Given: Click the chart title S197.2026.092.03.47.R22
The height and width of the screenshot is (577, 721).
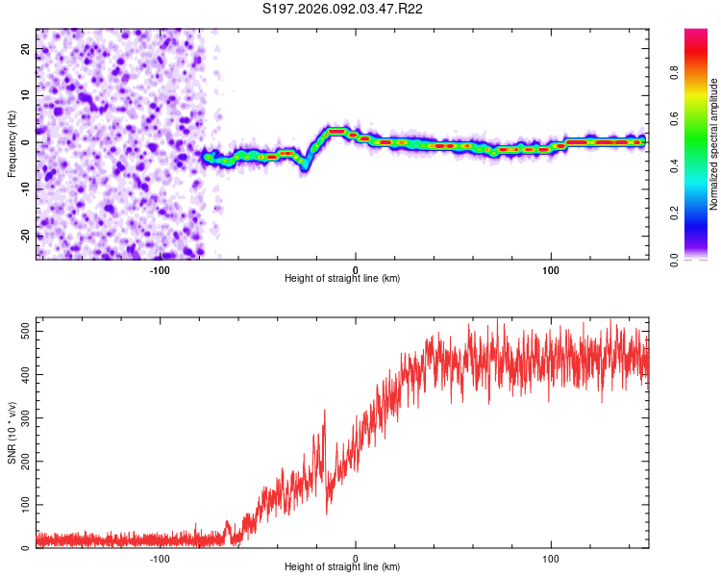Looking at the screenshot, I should click(343, 9).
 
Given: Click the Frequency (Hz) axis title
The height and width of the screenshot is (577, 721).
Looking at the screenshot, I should click(12, 143).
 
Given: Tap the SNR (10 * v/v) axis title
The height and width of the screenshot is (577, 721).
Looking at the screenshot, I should click(12, 433).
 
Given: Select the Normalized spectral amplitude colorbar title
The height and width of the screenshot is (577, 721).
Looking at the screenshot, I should click(714, 144).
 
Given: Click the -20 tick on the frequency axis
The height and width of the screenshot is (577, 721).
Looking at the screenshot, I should click(27, 235).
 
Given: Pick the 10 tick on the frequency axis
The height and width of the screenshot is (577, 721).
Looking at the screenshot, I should click(27, 95).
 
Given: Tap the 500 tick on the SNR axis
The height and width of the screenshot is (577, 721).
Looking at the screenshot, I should click(27, 330).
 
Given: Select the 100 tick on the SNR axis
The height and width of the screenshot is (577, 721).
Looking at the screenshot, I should click(27, 504).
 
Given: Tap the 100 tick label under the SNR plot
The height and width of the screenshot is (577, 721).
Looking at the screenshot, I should click(551, 559).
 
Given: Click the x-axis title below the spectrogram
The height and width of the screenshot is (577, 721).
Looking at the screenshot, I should click(342, 279).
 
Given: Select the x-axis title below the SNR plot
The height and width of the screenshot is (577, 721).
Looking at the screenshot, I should click(342, 567).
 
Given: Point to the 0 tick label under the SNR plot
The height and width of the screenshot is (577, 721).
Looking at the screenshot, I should click(356, 559).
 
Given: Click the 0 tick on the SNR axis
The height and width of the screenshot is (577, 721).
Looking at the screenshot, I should click(27, 547).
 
